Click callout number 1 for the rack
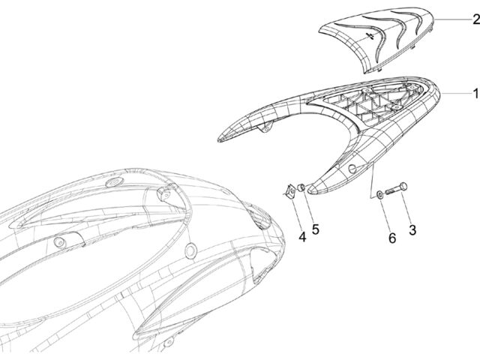coord(475,93)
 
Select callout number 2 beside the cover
coord(476,19)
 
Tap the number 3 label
coord(412,230)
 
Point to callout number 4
coord(302,237)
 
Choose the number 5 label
coord(315,229)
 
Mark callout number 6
coord(392,238)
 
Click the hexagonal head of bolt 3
coord(403,187)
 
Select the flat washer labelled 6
coord(379,194)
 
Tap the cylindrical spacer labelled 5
coord(301,187)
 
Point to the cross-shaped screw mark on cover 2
coord(370,36)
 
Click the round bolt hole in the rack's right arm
coord(352,168)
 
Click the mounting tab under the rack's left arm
coord(265,127)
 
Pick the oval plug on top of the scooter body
coord(114,181)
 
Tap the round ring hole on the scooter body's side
coord(190,250)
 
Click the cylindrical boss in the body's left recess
coord(59,242)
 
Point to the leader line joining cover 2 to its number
coord(454,19)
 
